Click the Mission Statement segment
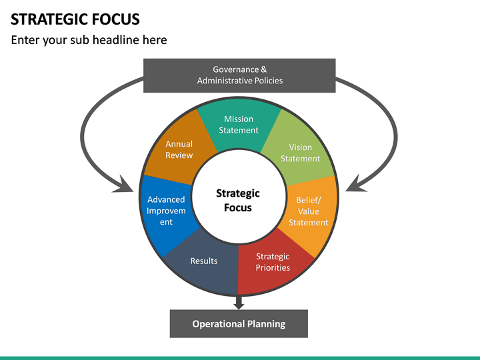pyautogui.click(x=239, y=124)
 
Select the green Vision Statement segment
pyautogui.click(x=300, y=153)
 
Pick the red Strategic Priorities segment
pyautogui.click(x=273, y=262)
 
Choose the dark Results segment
pyautogui.click(x=204, y=261)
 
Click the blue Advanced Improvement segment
pyautogui.click(x=166, y=211)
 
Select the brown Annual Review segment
pyautogui.click(x=179, y=149)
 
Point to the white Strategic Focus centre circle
pyautogui.click(x=238, y=201)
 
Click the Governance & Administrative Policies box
pyautogui.click(x=239, y=75)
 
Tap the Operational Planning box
pyautogui.click(x=239, y=324)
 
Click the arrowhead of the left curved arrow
pyautogui.click(x=125, y=183)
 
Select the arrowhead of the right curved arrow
pyautogui.click(x=353, y=183)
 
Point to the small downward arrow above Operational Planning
pyautogui.click(x=239, y=303)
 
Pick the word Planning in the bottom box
pyautogui.click(x=266, y=324)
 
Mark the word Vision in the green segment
pyautogui.click(x=300, y=147)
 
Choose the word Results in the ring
pyautogui.click(x=204, y=261)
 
